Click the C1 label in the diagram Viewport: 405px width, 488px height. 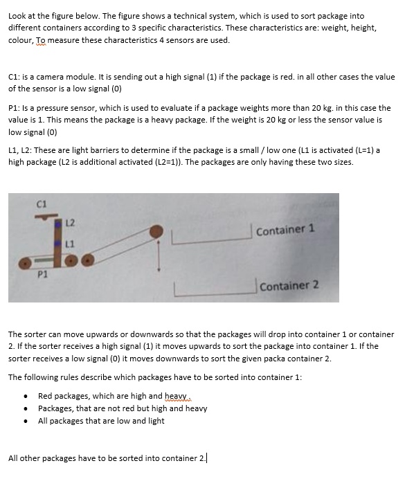[x=41, y=203]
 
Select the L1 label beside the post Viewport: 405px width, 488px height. [x=70, y=243]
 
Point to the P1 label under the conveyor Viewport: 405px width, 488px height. [x=42, y=274]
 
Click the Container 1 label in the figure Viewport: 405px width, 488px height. [x=285, y=230]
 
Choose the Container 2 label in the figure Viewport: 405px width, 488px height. [x=289, y=285]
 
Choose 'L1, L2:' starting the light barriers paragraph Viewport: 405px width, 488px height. [x=21, y=150]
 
